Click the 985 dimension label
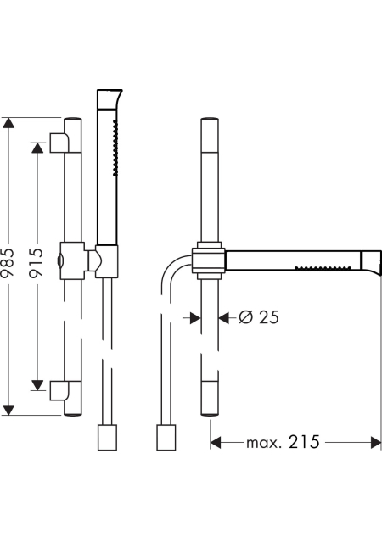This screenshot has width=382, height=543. pos(8,262)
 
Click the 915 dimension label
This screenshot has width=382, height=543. pos(36,262)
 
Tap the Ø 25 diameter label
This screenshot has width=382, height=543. pos(259,317)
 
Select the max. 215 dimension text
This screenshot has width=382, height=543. pos(283,442)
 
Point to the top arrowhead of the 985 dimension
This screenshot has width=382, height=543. pos(8,123)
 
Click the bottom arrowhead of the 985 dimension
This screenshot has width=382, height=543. pos(8,409)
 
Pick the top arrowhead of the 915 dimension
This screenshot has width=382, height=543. pos(37,148)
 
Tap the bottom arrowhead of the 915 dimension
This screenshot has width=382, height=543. pos(37,385)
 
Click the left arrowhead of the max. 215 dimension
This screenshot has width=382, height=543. pos(216,442)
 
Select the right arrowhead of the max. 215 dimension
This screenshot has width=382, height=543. pos(376,442)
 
